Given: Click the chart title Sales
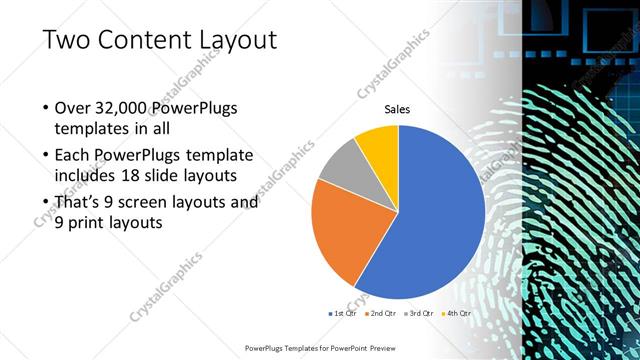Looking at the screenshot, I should point(398,109).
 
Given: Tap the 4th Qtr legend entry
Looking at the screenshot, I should point(456,313).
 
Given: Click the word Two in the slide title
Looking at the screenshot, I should point(68,39).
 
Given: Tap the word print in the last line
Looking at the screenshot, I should point(91,224).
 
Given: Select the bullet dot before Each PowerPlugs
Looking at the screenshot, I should point(46,156).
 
